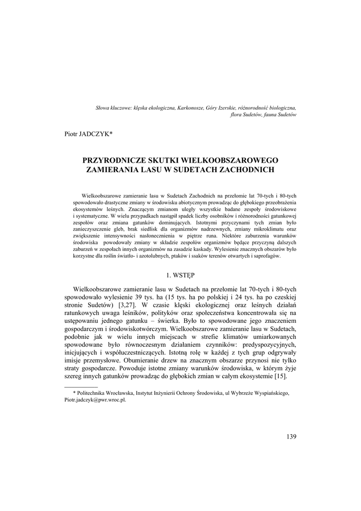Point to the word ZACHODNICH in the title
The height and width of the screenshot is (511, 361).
tap(247, 170)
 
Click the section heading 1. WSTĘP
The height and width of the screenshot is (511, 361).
tap(180, 274)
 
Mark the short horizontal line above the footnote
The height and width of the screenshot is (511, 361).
tap(82, 387)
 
